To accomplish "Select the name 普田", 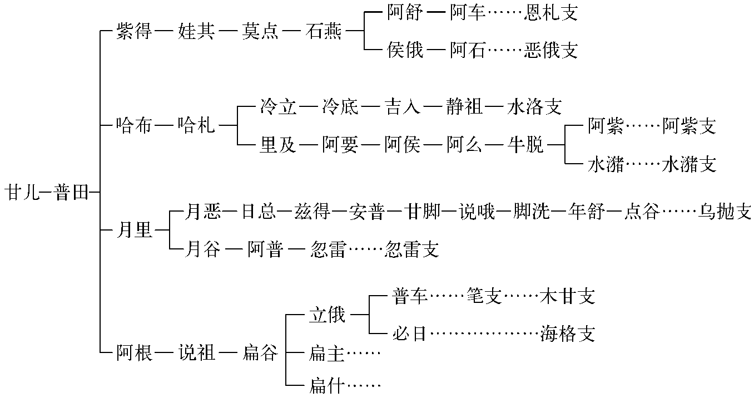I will pyautogui.click(x=72, y=193).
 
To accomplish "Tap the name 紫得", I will pyautogui.click(x=134, y=32).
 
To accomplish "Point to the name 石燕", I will pyautogui.click(x=324, y=32).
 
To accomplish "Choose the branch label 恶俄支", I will pyautogui.click(x=551, y=51).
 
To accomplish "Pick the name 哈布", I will pyautogui.click(x=134, y=126).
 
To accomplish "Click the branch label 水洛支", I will pyautogui.click(x=534, y=107).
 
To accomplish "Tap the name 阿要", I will pyautogui.click(x=340, y=145).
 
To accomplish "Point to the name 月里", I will pyautogui.click(x=134, y=229).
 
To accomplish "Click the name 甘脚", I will pyautogui.click(x=422, y=212).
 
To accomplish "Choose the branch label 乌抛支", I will pyautogui.click(x=725, y=212).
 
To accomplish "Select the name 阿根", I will pyautogui.click(x=134, y=352).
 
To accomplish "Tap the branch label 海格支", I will pyautogui.click(x=568, y=334).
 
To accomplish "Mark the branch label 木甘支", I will pyautogui.click(x=568, y=296).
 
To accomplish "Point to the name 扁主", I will pyautogui.click(x=326, y=352).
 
